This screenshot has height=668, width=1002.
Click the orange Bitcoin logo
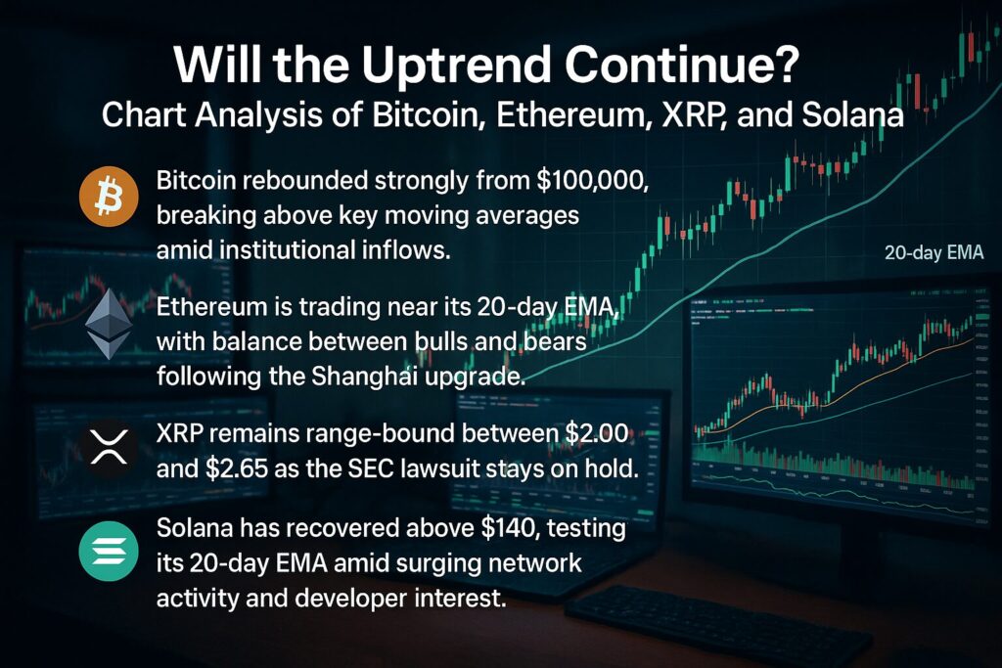tap(109, 197)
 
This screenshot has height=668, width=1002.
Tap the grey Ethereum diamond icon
tap(109, 324)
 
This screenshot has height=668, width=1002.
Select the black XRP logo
tap(109, 446)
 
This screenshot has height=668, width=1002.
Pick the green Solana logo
tap(109, 552)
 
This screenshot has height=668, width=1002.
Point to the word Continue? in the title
tap(682, 64)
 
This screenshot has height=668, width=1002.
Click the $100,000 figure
tap(592, 181)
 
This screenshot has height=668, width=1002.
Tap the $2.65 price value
tap(237, 468)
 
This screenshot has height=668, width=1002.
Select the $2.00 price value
tap(597, 433)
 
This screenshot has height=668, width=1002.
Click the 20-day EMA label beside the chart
tap(934, 253)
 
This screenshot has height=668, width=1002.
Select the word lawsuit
tap(440, 468)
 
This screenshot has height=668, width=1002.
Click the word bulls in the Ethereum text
tap(441, 341)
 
